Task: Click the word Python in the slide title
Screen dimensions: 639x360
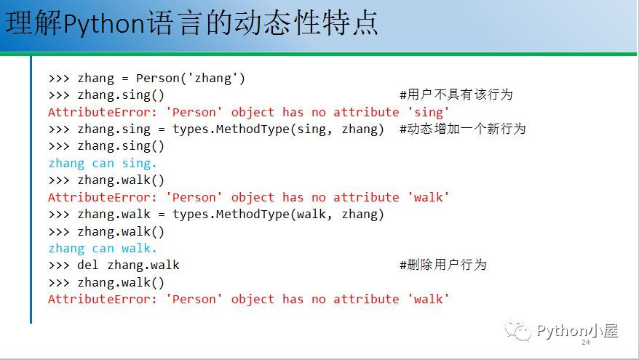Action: coord(104,24)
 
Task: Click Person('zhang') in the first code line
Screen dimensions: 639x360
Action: coord(190,78)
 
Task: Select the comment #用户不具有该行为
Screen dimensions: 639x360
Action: coord(456,95)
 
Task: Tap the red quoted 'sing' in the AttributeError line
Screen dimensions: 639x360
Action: coord(429,112)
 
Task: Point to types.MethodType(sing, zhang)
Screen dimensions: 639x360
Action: coord(278,129)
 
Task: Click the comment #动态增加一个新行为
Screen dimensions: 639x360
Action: coord(463,129)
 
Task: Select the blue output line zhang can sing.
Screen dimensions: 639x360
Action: coord(103,164)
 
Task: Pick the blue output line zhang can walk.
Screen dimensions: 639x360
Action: coord(103,248)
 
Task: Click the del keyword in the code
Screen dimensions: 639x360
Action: coord(87,265)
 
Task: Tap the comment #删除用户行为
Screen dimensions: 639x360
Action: coord(443,265)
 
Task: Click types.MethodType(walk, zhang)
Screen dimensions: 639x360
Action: coord(278,215)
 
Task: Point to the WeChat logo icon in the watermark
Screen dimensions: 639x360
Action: coord(518,330)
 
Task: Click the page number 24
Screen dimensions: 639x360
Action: coord(586,343)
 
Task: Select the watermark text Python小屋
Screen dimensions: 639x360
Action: coord(577,330)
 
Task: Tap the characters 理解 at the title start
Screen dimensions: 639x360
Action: coord(33,23)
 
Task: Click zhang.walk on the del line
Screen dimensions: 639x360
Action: coord(143,265)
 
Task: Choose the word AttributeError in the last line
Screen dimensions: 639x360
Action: coord(103,299)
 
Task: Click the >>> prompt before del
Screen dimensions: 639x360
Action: coord(59,265)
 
